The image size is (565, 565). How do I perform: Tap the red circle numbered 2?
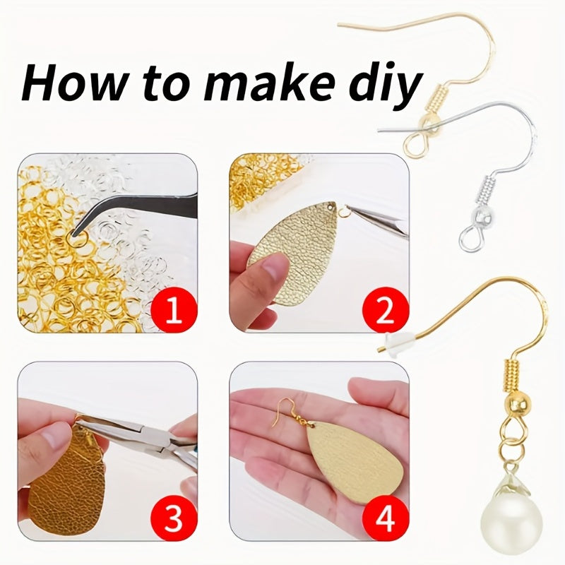(385, 309)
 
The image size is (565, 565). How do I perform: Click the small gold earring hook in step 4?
(290, 412)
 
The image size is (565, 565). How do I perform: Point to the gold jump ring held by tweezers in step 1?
(77, 238)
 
